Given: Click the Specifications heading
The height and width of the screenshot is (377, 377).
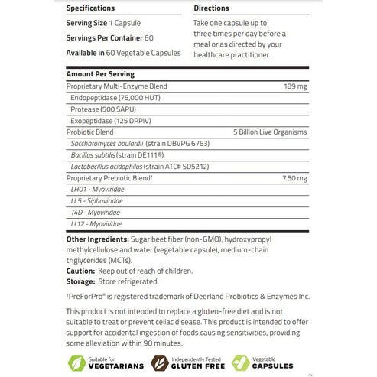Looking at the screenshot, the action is click(95, 8).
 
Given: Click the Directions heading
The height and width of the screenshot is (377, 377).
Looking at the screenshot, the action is click(213, 8).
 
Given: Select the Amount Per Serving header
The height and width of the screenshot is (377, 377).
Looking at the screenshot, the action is click(100, 74).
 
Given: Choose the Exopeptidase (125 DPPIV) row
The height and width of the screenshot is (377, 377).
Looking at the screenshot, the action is click(105, 120).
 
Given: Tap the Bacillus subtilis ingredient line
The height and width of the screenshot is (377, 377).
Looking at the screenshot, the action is click(106, 154).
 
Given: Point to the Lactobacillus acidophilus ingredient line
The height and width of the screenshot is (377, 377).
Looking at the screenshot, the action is click(129, 166).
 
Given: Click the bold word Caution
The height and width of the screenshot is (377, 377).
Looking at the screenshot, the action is click(80, 271).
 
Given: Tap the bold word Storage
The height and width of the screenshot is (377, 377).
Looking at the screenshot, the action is click(80, 281).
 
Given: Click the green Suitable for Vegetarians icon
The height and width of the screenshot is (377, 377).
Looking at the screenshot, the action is click(75, 362).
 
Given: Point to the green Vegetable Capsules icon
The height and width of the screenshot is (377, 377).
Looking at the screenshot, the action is click(242, 362).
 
